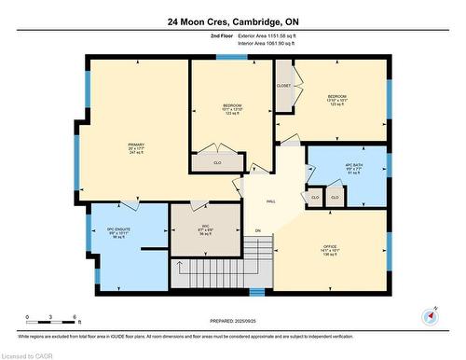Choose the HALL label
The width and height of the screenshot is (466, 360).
(x=271, y=201)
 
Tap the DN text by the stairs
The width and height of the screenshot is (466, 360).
(x=258, y=230)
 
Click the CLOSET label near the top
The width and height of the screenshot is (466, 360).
(x=283, y=86)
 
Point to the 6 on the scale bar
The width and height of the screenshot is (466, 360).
(x=79, y=318)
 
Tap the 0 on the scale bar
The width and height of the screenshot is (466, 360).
(x=28, y=318)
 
